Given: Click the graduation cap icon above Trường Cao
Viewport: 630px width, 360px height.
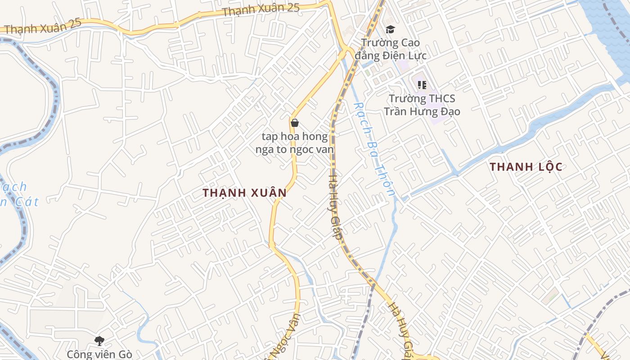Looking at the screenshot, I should click(x=390, y=30).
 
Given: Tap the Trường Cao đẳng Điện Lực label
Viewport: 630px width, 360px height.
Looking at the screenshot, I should click(x=390, y=49).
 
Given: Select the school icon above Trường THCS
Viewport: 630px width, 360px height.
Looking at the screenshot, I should click(x=422, y=85).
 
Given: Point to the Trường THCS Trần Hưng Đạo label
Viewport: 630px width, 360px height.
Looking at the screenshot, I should click(x=422, y=105).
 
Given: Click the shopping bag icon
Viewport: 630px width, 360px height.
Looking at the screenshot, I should click(x=295, y=123).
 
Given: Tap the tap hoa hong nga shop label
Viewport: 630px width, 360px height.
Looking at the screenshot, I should click(x=295, y=143).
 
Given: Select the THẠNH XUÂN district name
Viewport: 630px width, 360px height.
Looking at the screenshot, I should click(x=244, y=193).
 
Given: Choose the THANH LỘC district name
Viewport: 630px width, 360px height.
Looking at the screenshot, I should click(x=526, y=167).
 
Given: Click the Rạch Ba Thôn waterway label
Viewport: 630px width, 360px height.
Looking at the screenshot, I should click(x=374, y=149).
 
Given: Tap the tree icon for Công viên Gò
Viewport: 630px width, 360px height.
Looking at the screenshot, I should click(x=99, y=341).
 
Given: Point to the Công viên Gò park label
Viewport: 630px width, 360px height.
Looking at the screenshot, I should click(x=99, y=354).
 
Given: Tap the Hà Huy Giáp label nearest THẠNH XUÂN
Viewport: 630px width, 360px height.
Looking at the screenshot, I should click(x=335, y=203).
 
